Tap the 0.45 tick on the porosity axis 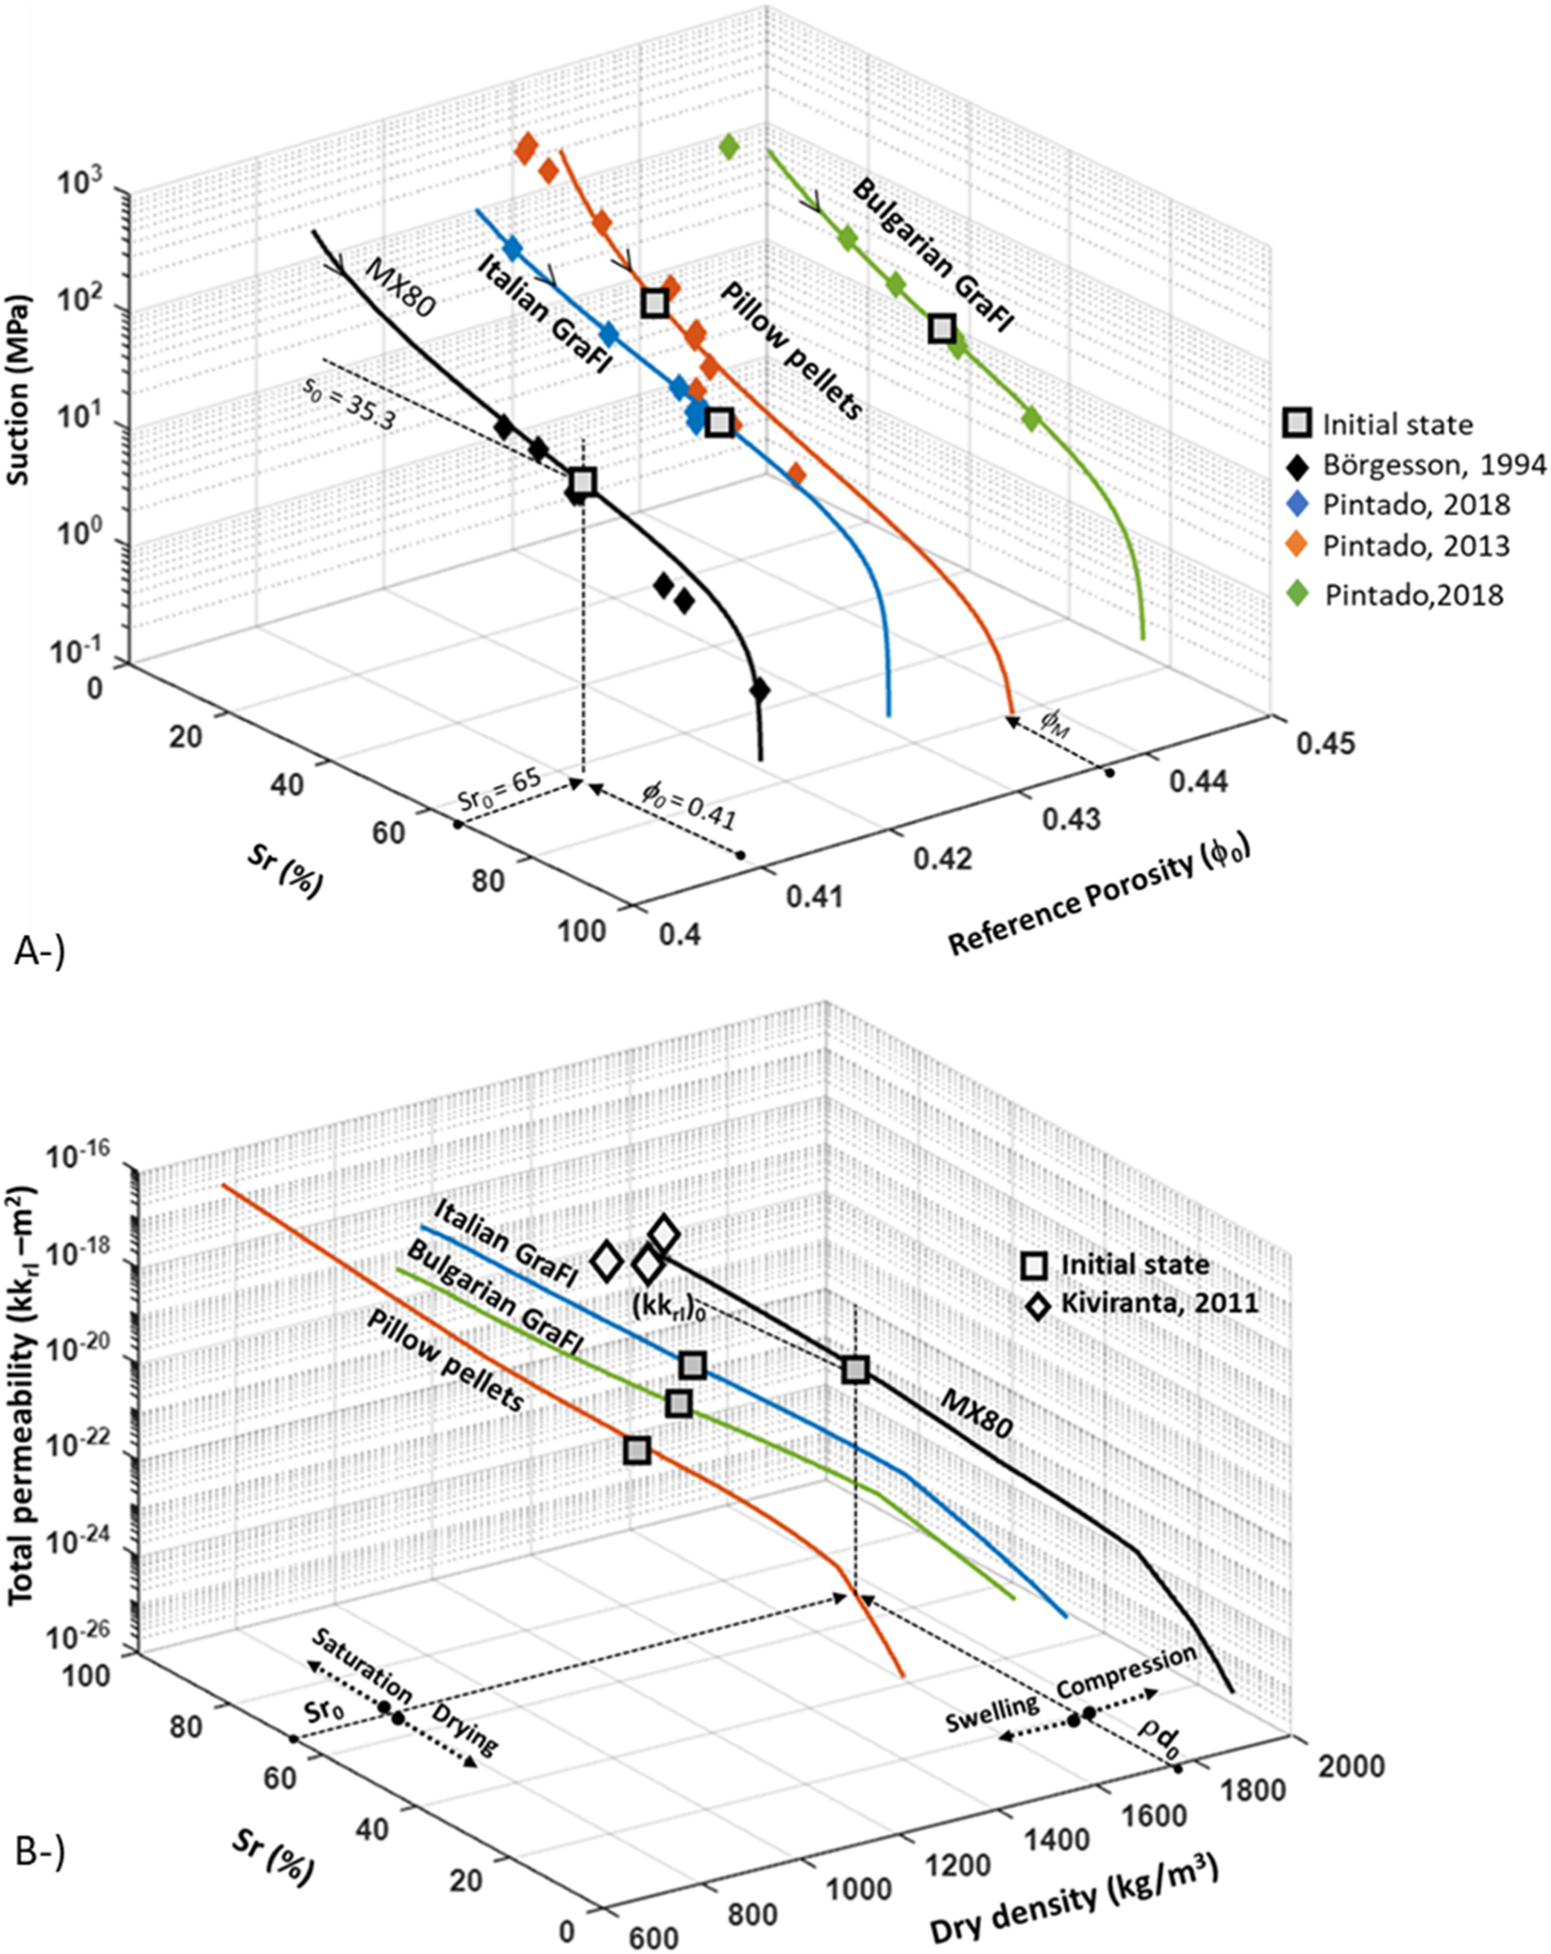[x=1325, y=744]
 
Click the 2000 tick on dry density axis [x=1351, y=1766]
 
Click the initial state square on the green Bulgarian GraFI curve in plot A [x=942, y=328]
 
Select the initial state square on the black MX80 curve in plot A [x=582, y=482]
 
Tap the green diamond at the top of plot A [x=728, y=147]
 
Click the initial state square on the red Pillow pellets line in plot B [x=637, y=1450]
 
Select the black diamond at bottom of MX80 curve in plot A [x=759, y=690]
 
